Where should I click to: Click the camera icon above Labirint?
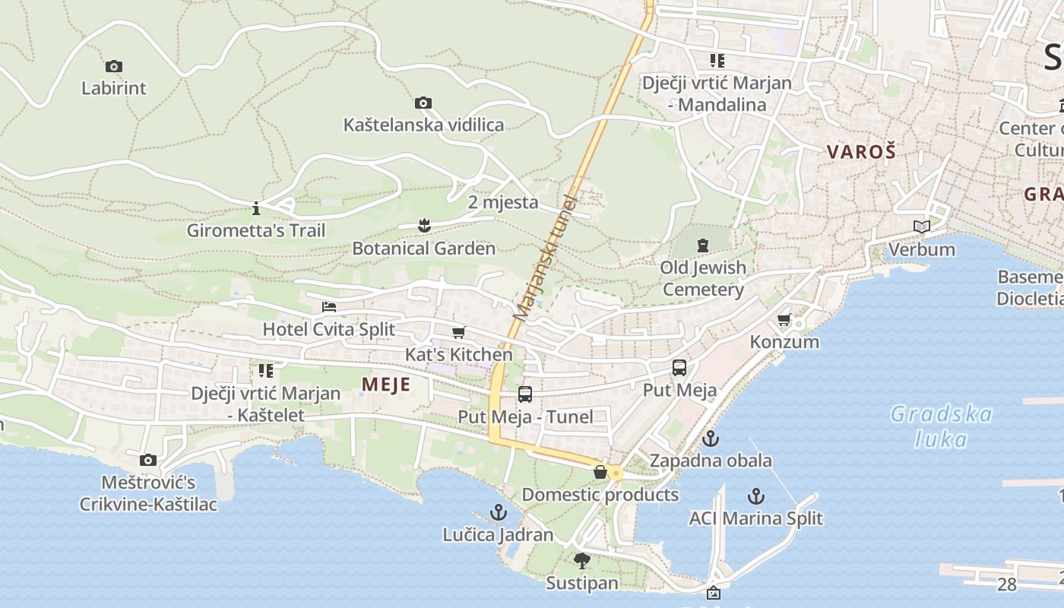[x=113, y=67]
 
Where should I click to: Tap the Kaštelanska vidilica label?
[x=423, y=125]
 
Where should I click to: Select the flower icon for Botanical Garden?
[x=424, y=225]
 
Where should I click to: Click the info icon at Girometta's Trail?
[x=256, y=207]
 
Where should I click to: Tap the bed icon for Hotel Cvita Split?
[x=329, y=307]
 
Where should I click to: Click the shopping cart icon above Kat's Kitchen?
[x=458, y=333]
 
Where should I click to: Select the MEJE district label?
[x=386, y=385]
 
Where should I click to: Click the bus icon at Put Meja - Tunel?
[x=525, y=394]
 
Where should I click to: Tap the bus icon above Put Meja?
[x=679, y=368]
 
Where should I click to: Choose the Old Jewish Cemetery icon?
[x=703, y=245]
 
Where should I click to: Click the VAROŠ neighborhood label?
[x=862, y=151]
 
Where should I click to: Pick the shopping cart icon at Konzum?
[x=784, y=319]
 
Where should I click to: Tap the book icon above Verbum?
[x=921, y=226]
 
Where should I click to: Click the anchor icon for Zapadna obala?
[x=711, y=439]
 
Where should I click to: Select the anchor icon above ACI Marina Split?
[x=755, y=496]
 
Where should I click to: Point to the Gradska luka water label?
[x=942, y=426]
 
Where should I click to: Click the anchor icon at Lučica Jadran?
[x=499, y=512]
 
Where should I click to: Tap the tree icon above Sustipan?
[x=582, y=561]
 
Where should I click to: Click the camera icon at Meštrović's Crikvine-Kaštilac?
[x=148, y=460]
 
